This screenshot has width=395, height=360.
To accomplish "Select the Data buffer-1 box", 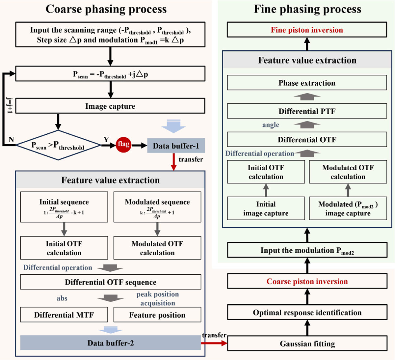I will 176,146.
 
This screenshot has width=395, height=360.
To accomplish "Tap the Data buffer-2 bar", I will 111,343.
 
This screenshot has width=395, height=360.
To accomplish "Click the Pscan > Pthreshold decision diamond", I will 58,145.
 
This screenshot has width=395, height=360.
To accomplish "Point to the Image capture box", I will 110,106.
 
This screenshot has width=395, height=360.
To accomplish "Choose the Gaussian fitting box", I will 307,344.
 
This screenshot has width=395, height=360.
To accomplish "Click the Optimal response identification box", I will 307,312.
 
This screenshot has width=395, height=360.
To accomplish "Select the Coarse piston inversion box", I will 307,281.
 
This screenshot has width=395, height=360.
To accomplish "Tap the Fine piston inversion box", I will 307,30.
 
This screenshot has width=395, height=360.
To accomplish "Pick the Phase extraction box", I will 307,83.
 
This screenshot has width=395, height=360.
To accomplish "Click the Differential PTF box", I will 307,111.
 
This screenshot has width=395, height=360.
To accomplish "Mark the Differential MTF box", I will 64,315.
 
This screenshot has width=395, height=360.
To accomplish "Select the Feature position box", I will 157,315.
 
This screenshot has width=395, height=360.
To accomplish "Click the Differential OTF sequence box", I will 111,282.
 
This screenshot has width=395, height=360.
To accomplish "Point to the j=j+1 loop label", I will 10,105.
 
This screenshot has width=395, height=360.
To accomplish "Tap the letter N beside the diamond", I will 11,140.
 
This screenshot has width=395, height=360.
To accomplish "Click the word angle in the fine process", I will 271,125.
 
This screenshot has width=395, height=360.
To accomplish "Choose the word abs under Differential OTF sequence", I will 62,298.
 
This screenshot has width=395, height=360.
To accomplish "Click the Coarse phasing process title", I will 106,9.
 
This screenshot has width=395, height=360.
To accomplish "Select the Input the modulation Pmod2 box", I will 307,250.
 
